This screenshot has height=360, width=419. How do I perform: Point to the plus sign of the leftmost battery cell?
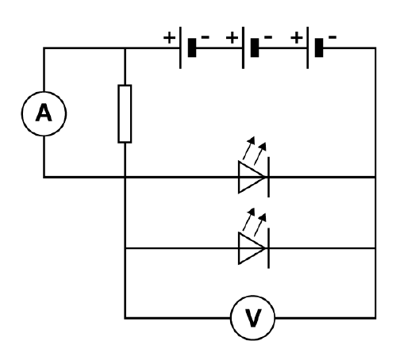169,37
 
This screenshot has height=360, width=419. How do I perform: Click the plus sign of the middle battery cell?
232,37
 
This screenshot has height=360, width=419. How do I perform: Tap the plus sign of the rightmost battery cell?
297,37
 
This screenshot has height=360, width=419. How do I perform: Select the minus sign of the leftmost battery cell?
206,36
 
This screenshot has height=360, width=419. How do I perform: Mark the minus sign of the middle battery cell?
268,36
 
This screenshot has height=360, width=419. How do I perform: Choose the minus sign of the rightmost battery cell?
333,36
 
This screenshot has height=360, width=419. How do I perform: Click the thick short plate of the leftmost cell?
192,48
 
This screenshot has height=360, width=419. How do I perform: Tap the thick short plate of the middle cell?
255,48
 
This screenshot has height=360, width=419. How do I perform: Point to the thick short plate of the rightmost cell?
319,48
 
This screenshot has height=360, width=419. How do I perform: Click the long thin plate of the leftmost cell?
180,48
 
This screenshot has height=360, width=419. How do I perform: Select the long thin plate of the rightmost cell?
308,48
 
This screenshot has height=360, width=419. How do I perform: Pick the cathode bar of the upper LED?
268,177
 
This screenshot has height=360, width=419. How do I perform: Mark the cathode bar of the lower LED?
268,248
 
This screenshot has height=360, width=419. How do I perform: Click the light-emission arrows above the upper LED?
255,151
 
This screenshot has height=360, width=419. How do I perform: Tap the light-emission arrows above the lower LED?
255,222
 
